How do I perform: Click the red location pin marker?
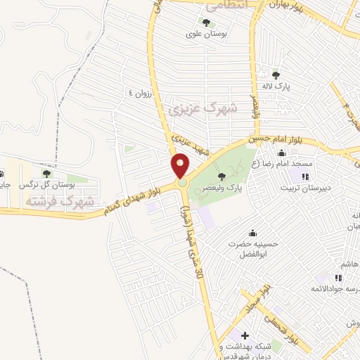(x=181, y=166)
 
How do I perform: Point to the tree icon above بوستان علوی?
(x=206, y=22)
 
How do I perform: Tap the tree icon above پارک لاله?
(x=276, y=75)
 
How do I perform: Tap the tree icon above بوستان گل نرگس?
(x=46, y=173)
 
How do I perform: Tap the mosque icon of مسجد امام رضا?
(x=281, y=154)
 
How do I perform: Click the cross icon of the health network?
(x=245, y=335)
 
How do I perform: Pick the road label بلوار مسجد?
(x=257, y=300)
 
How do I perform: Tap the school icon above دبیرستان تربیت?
(x=304, y=176)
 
